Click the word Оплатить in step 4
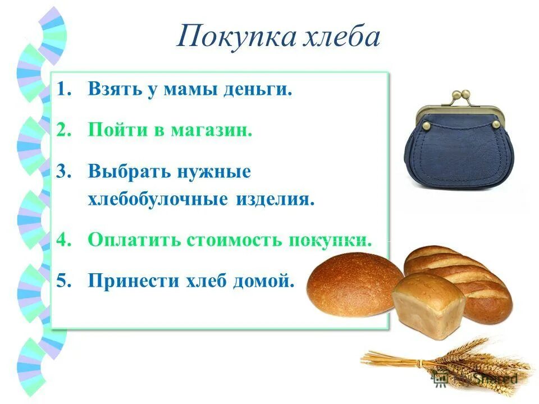pos(135,240)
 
